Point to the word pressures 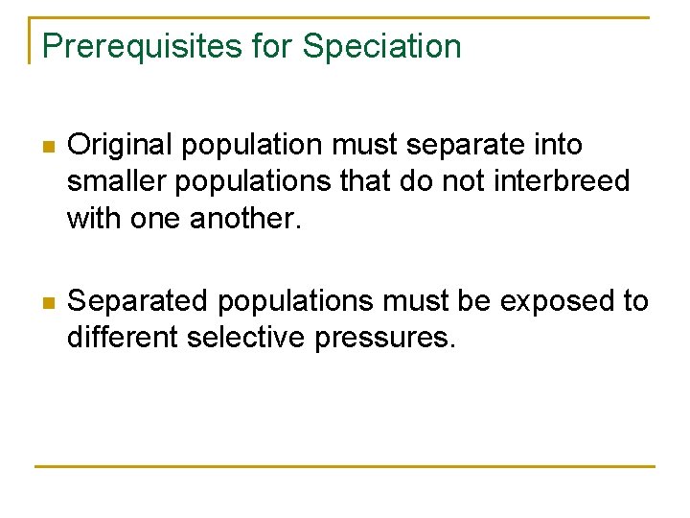coord(390,339)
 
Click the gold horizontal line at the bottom coord(345,467)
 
